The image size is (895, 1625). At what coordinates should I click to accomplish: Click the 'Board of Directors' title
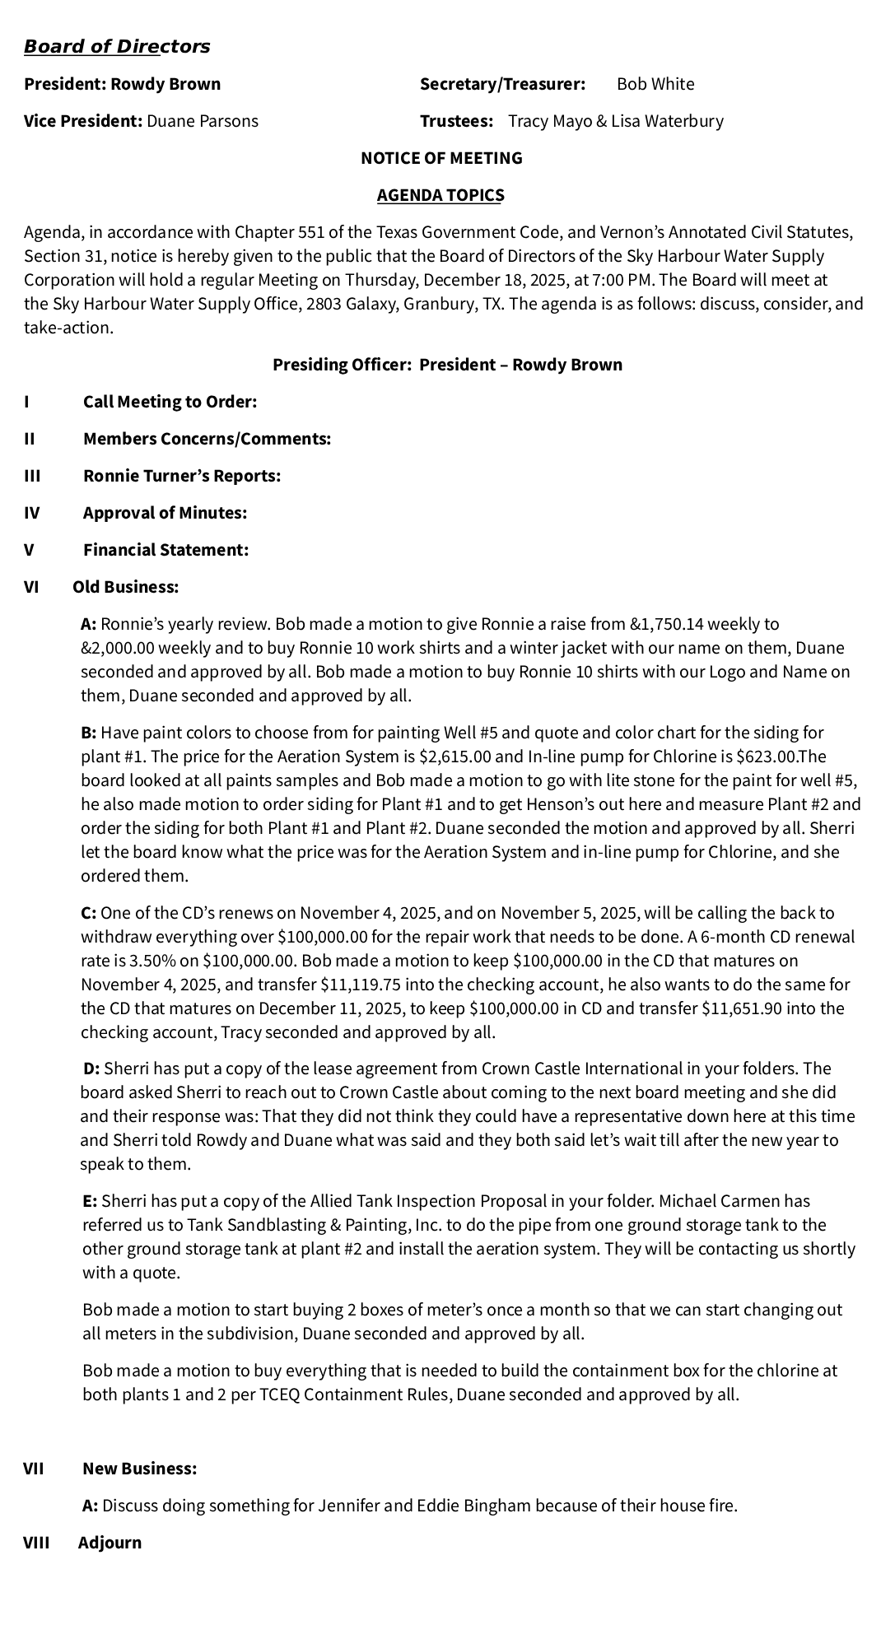[x=117, y=47]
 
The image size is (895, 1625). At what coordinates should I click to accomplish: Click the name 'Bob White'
[x=655, y=84]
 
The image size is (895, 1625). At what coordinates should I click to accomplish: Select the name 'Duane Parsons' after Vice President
[x=202, y=121]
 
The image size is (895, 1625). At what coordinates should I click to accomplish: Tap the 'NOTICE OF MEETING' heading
[x=441, y=158]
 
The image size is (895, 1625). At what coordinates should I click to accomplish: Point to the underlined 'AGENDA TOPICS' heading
[x=441, y=195]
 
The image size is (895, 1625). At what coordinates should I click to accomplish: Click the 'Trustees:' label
[x=456, y=121]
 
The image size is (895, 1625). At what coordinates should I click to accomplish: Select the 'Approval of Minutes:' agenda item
[x=165, y=513]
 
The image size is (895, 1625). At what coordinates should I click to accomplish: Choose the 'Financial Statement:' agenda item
[x=165, y=550]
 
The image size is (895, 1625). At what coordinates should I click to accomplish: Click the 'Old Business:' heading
[x=125, y=587]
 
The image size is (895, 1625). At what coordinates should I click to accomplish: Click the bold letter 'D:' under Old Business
[x=91, y=1069]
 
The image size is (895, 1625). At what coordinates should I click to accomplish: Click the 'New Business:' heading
[x=139, y=1469]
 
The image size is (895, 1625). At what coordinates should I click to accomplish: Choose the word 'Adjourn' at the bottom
[x=110, y=1543]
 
